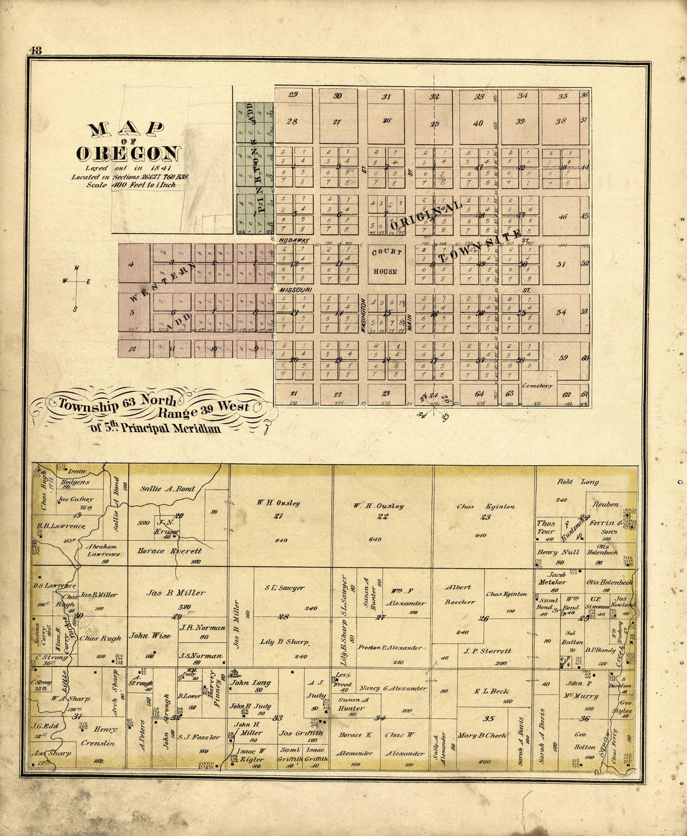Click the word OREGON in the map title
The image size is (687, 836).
[129, 153]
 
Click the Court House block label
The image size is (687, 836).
[385, 262]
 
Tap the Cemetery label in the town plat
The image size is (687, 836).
[538, 386]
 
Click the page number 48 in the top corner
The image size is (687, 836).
[35, 50]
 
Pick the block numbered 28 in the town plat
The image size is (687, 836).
[292, 121]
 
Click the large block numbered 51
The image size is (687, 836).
[561, 264]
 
